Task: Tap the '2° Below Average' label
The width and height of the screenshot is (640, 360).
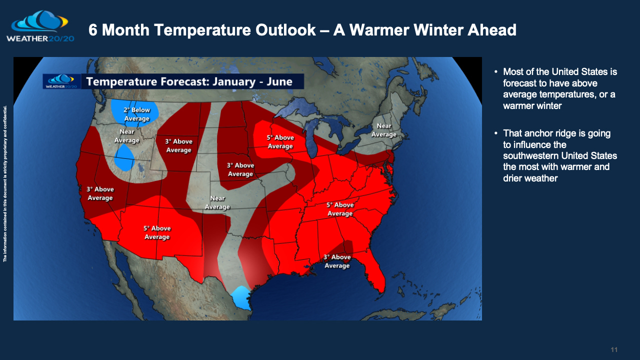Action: point(137,114)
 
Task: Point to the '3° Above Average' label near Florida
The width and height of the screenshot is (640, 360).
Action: point(337,261)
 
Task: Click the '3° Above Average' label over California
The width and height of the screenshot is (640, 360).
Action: point(100,193)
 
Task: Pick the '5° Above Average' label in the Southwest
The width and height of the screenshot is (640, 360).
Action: point(157,232)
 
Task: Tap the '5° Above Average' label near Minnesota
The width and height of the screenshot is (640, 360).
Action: point(280,141)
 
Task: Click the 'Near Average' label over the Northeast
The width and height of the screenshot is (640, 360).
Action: point(384,130)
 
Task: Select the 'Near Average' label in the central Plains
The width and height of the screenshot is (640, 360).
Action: point(217,202)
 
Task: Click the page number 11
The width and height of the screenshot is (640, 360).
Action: point(614,349)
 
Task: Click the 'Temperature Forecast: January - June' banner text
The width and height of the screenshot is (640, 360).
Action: point(189,81)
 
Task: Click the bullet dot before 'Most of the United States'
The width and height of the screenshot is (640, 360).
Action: point(495,71)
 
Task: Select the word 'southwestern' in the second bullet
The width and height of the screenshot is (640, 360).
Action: point(527,155)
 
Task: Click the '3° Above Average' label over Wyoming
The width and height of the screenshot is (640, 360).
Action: point(178,145)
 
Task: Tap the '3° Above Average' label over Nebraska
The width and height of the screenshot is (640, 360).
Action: point(240,169)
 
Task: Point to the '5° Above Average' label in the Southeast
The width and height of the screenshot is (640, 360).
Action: point(340,209)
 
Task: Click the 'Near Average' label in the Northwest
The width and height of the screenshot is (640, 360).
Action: point(126,136)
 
